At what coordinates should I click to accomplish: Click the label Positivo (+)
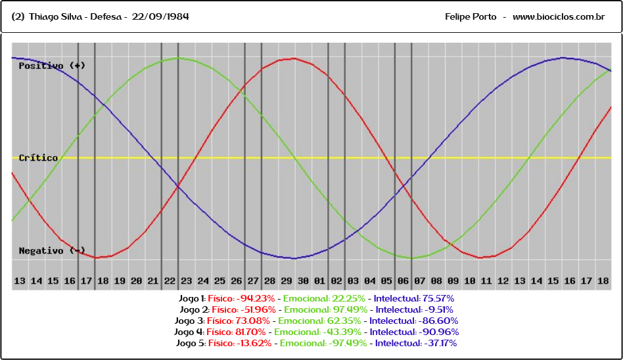pyautogui.click(x=52, y=66)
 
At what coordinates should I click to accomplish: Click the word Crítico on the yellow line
pyautogui.click(x=38, y=158)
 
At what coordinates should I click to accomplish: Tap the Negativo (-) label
pyautogui.click(x=52, y=251)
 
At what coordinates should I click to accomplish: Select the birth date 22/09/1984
pyautogui.click(x=160, y=16)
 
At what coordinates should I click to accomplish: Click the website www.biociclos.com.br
pyautogui.click(x=558, y=16)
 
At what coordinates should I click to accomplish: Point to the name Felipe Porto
pyautogui.click(x=471, y=16)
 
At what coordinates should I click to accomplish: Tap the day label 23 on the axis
pyautogui.click(x=187, y=281)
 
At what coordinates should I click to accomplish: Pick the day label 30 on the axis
pyautogui.click(x=303, y=281)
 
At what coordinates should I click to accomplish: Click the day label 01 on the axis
pyautogui.click(x=320, y=281)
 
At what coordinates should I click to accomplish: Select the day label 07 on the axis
pyautogui.click(x=420, y=281)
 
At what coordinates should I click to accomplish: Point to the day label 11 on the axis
pyautogui.click(x=487, y=281)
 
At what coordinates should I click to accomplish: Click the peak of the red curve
pyautogui.click(x=293, y=58)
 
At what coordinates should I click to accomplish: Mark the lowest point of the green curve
pyautogui.click(x=412, y=258)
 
